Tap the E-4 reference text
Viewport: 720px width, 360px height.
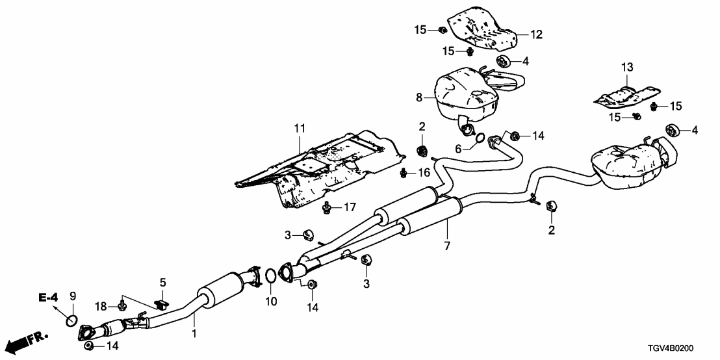point(48,298)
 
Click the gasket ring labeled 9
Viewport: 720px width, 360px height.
point(73,320)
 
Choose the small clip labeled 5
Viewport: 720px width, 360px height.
point(162,303)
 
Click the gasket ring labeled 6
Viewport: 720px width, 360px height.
point(479,137)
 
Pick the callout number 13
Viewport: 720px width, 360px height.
point(626,67)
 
